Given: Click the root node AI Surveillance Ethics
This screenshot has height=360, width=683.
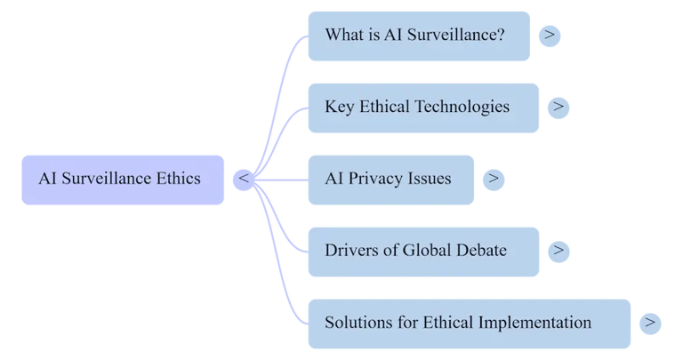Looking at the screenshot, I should click(122, 179).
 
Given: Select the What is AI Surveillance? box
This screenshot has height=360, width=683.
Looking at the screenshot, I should click(418, 36).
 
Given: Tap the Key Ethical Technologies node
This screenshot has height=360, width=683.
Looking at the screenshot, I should click(422, 108).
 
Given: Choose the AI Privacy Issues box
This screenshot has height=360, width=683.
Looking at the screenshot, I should click(390, 179).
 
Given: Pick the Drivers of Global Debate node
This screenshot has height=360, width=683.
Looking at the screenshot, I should click(422, 251).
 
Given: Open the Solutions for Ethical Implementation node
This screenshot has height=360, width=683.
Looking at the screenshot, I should click(469, 323).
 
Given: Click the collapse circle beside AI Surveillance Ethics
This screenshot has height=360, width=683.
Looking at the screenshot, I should click(244, 179).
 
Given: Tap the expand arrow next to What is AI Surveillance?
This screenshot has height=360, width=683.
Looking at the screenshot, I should click(550, 36).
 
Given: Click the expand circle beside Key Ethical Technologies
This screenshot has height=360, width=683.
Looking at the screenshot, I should click(558, 108).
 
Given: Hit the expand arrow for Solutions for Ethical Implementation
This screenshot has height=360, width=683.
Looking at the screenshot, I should click(650, 323).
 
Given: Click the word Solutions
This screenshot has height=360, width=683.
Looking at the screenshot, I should click(358, 323).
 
